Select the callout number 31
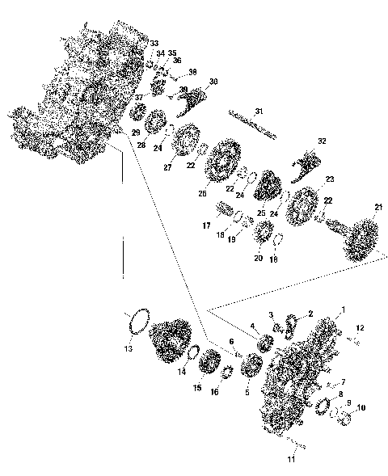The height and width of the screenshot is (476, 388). tap(259, 111)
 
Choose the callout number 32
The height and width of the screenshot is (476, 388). tap(321, 141)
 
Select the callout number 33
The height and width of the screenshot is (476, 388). tap(154, 43)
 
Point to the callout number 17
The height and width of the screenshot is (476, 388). tap(207, 227)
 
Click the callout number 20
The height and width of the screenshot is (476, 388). tap(257, 258)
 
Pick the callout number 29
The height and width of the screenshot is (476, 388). tap(136, 132)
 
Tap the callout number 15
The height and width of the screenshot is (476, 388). tap(196, 388)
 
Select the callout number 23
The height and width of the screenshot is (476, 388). tap(329, 179)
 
